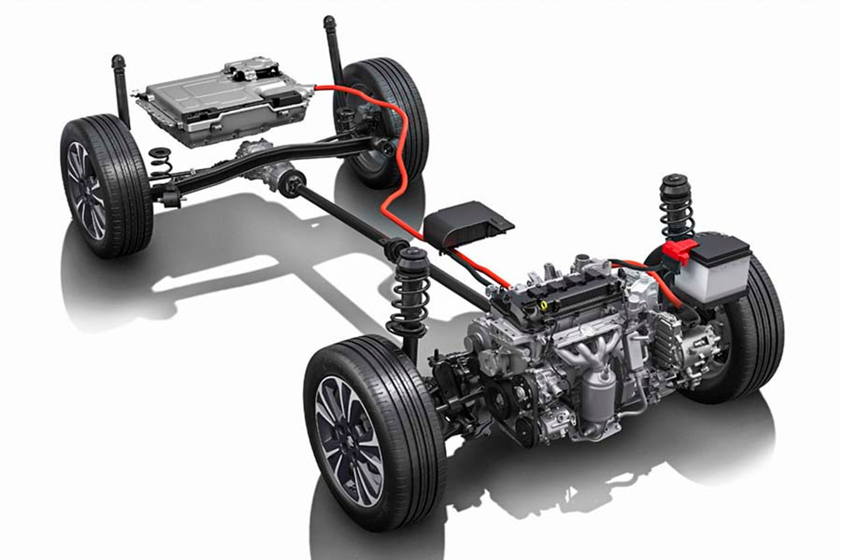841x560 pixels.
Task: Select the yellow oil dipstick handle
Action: [x=544, y=304]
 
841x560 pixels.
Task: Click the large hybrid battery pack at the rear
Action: [x=225, y=103]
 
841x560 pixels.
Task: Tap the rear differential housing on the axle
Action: [x=266, y=168]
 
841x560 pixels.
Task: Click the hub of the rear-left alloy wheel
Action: [x=87, y=191]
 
